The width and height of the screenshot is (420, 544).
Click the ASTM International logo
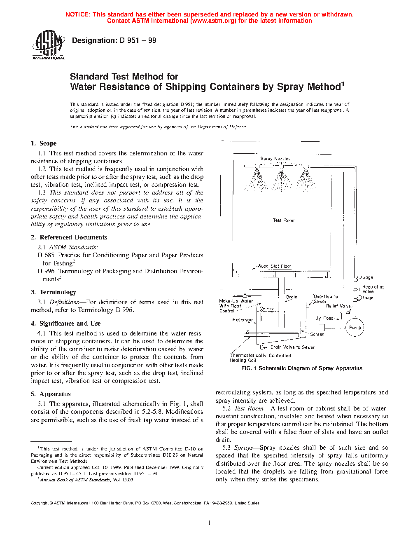[48, 45]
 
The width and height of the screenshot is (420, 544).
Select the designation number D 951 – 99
[138, 40]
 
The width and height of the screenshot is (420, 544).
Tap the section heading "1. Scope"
[44, 143]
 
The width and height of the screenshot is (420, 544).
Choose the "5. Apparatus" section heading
[51, 394]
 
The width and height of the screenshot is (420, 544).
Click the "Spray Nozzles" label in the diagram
[275, 159]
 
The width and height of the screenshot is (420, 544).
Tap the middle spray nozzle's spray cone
[282, 181]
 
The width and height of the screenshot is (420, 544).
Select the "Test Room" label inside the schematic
[284, 220]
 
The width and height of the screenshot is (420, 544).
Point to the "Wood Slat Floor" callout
[274, 266]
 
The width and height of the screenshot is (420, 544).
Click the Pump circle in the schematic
[355, 328]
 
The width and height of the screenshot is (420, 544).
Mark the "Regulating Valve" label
[373, 289]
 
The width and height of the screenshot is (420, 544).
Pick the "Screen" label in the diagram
[317, 334]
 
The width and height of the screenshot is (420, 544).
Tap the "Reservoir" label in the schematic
[243, 320]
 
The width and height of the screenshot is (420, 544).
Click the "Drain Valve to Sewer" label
[292, 347]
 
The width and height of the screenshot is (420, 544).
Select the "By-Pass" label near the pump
[324, 318]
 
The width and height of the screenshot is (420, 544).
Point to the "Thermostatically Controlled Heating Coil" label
[260, 358]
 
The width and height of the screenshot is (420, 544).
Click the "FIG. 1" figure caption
[301, 368]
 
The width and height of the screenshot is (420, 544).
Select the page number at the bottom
[210, 523]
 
